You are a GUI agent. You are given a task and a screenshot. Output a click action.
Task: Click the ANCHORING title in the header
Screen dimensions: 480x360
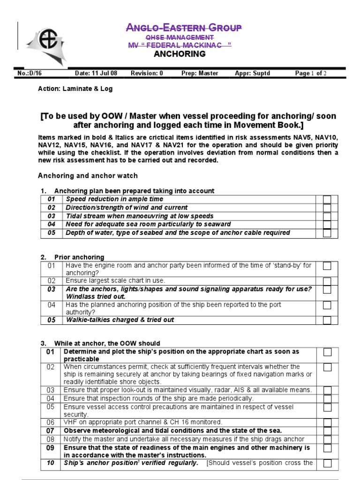180,54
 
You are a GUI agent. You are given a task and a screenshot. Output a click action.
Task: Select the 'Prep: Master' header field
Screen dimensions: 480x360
200,73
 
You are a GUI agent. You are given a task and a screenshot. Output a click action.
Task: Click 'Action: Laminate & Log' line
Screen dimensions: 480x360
75,89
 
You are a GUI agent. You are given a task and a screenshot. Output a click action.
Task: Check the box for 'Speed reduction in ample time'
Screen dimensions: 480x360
327,200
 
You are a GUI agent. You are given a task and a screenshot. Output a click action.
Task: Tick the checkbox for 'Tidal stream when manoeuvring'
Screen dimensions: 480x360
327,216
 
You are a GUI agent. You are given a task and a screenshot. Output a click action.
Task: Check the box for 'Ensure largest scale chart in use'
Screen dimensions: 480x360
327,281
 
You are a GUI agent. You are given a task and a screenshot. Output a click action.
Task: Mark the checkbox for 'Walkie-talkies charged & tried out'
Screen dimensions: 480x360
327,320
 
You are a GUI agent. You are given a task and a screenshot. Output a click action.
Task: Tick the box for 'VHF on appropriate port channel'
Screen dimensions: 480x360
327,422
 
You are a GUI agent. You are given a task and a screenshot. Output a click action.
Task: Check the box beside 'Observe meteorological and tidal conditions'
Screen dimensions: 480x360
327,431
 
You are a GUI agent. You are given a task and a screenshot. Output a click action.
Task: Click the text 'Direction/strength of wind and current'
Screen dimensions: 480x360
127,208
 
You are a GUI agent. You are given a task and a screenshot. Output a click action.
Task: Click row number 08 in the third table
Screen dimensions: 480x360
51,439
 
